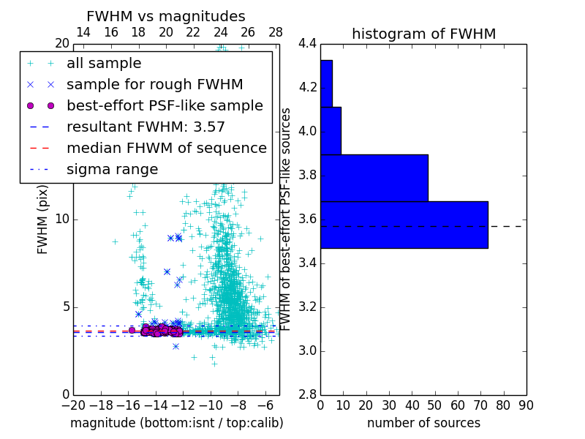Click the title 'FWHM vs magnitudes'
pos(166,17)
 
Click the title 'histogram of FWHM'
pos(423,34)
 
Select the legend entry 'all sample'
pos(104,64)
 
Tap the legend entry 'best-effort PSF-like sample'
pos(165,106)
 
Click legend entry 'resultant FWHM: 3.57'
pos(146,127)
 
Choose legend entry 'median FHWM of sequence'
pos(166,149)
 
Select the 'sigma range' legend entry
pos(112,170)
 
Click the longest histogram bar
pos(404,225)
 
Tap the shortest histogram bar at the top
pos(326,83)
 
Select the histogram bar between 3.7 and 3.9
pos(374,178)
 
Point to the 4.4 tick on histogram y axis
pos(307,44)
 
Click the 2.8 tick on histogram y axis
pos(307,394)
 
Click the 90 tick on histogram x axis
pos(526,405)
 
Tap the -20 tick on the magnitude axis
pos(73,405)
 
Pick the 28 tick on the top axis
pos(276,33)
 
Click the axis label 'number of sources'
pos(423,423)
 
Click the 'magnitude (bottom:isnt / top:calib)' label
pos(176,423)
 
